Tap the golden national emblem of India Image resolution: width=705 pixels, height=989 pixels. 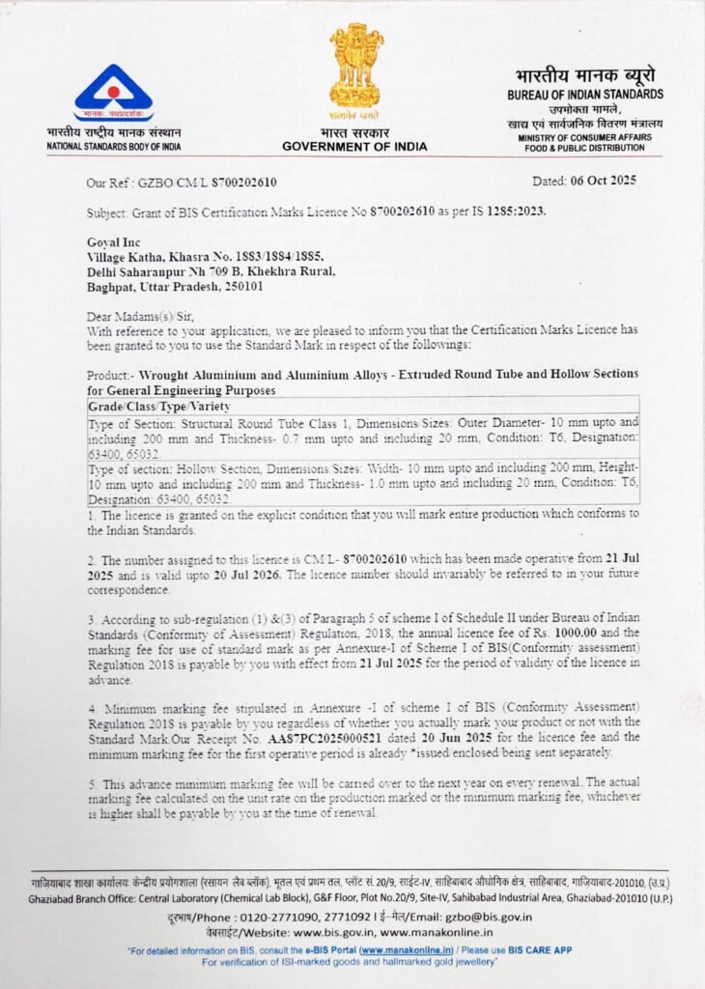pyautogui.click(x=355, y=67)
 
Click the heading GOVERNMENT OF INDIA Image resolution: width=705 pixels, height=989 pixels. pyautogui.click(x=354, y=146)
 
